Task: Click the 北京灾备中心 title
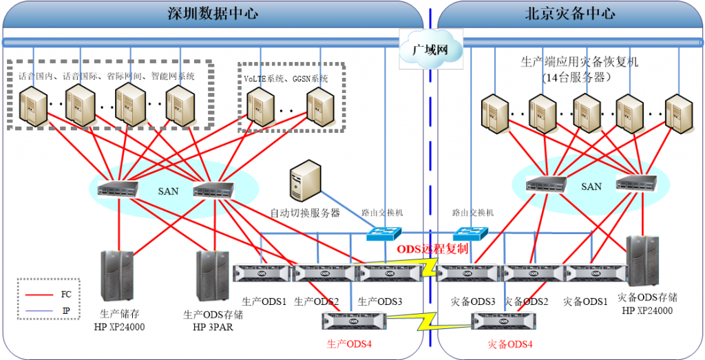tap(569, 14)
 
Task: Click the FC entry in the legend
tap(65, 294)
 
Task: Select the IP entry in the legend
tap(65, 310)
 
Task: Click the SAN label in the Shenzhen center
tap(169, 191)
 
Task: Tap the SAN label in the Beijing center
tap(591, 187)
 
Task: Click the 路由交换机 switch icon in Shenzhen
tap(383, 235)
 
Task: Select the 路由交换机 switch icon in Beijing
tap(472, 235)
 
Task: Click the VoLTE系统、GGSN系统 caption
tap(286, 78)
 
